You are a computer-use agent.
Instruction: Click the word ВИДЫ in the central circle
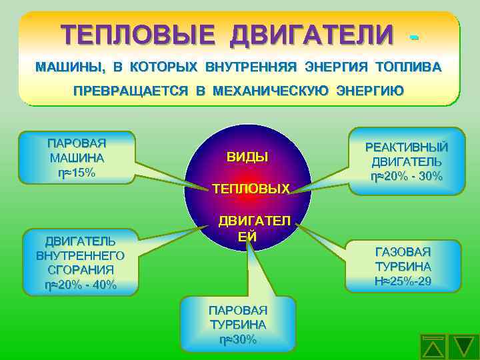click(x=247, y=157)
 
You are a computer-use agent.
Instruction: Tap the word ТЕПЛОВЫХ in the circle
click(x=251, y=189)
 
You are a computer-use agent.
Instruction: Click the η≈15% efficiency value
click(x=77, y=173)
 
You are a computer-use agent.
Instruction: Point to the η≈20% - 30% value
click(x=406, y=177)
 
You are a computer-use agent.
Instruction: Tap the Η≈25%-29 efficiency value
click(x=403, y=281)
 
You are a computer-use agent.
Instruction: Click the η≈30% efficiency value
click(x=238, y=339)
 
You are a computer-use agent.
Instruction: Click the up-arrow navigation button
click(x=434, y=345)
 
